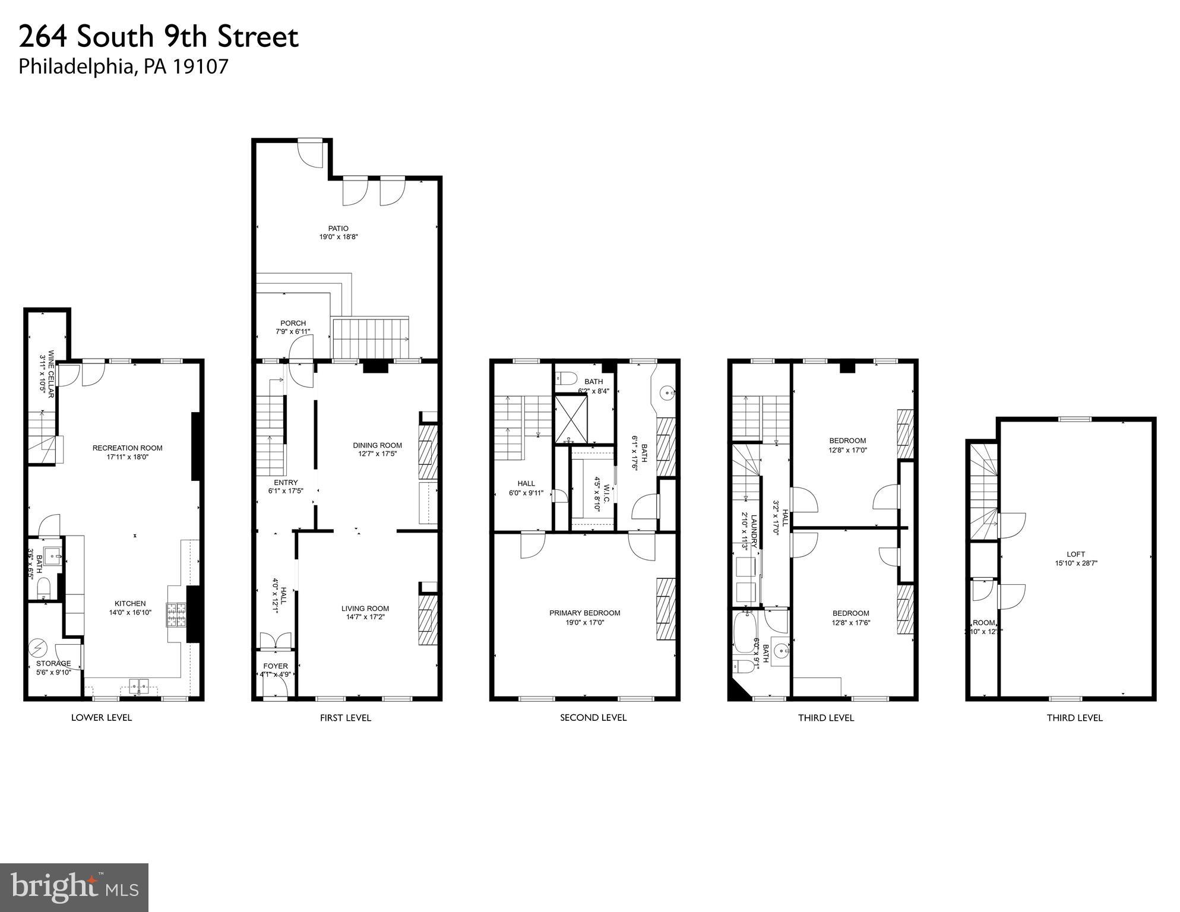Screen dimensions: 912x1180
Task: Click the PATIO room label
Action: click(339, 229)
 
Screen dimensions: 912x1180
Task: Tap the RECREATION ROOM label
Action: click(127, 448)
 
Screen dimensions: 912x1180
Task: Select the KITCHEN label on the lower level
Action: click(130, 604)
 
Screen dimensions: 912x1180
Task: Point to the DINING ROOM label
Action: click(377, 445)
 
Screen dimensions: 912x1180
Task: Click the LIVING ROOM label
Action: click(365, 609)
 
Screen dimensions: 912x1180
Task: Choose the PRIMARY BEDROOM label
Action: click(584, 613)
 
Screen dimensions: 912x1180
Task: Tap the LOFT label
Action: click(1075, 555)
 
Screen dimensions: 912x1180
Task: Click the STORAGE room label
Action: click(53, 664)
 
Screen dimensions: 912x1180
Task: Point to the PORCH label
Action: click(293, 324)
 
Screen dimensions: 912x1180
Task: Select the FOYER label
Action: click(276, 666)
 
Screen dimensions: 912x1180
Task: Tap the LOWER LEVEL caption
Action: click(102, 718)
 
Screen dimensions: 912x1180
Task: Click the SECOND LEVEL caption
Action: click(593, 718)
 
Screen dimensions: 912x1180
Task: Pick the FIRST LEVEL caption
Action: click(345, 718)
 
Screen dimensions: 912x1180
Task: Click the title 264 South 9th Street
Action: click(159, 37)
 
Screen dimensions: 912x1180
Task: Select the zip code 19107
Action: click(200, 66)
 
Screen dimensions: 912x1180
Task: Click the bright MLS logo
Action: click(74, 888)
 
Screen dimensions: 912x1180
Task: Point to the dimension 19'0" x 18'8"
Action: click(339, 237)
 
